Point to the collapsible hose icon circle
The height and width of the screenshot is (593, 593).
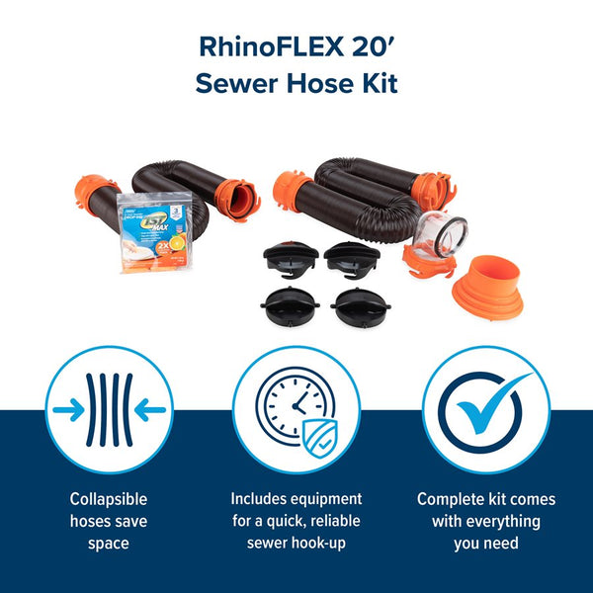point(109,408)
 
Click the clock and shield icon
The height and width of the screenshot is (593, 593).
point(296,408)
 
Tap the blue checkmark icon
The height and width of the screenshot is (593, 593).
point(485,407)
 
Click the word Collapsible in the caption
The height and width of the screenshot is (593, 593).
point(109,499)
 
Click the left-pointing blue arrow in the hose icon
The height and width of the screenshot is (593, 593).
point(151,408)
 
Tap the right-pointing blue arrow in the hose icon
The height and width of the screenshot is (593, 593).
point(67,408)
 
